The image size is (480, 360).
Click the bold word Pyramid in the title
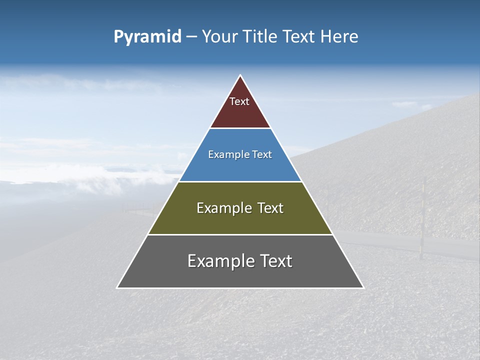pyautogui.click(x=147, y=37)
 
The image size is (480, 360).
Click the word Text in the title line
pyautogui.click(x=299, y=37)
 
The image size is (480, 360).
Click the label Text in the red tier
pyautogui.click(x=239, y=101)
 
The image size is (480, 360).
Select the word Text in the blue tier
pyautogui.click(x=262, y=154)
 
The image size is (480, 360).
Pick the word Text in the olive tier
pyautogui.click(x=270, y=208)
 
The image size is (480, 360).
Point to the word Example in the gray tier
pyautogui.click(x=220, y=261)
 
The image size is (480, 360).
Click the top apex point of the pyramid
pyautogui.click(x=240, y=75)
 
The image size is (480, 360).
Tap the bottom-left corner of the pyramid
pyautogui.click(x=117, y=287)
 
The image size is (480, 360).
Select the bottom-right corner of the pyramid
pyautogui.click(x=363, y=287)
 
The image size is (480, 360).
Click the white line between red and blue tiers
pyautogui.click(x=240, y=128)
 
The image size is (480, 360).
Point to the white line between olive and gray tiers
pyautogui.click(x=240, y=234)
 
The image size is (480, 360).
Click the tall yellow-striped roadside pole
pyautogui.click(x=422, y=220)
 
